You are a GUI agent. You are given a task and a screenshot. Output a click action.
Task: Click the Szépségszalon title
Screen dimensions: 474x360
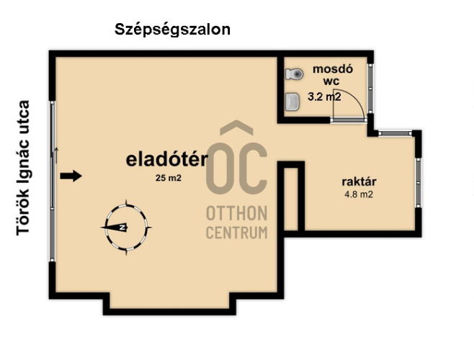(x=172, y=30)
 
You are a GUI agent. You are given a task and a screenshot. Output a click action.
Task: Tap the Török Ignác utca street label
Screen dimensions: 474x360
(x=23, y=168)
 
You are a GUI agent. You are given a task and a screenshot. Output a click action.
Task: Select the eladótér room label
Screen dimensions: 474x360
(x=167, y=159)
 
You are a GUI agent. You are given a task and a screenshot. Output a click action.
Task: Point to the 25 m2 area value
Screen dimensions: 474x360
(x=169, y=178)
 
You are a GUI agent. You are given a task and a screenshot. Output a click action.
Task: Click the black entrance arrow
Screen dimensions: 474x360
(x=71, y=176)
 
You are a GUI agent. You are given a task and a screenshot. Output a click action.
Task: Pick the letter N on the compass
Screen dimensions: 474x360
(x=122, y=228)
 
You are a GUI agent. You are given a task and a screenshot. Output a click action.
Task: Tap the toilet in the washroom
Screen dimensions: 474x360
(x=294, y=73)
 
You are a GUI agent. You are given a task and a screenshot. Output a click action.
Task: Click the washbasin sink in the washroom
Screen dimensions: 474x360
(x=292, y=102)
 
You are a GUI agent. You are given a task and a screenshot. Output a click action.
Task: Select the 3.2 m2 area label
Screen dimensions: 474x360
(x=324, y=96)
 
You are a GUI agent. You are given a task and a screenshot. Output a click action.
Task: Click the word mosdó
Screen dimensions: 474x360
(x=333, y=69)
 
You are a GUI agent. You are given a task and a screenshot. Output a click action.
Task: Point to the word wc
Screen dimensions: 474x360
(x=331, y=81)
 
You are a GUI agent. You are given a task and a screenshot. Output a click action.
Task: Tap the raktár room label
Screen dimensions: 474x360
(x=359, y=181)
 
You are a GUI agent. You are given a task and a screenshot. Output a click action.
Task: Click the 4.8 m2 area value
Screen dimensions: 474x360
(x=359, y=194)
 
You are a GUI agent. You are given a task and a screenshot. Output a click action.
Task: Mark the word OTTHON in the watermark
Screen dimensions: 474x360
(x=237, y=214)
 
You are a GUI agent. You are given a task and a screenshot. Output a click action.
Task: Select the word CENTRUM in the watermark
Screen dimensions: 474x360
(x=237, y=233)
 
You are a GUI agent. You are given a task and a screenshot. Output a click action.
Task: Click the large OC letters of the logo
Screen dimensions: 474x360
(x=236, y=168)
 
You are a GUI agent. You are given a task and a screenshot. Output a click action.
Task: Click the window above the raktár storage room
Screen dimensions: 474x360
(x=395, y=133)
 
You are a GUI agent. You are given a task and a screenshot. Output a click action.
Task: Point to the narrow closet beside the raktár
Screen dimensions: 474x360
(x=291, y=199)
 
